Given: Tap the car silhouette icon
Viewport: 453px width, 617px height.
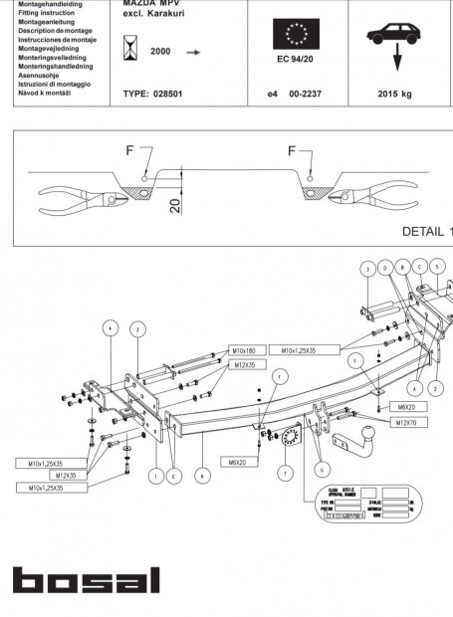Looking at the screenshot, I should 396,35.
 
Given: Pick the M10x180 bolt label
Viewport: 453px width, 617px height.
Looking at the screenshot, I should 244,350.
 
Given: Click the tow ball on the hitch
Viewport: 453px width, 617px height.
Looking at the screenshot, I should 365,436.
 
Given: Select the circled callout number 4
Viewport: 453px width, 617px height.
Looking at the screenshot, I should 109,327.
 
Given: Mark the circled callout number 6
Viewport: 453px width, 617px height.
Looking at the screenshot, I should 320,468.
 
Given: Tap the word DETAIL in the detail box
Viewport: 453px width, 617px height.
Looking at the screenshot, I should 422,230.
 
